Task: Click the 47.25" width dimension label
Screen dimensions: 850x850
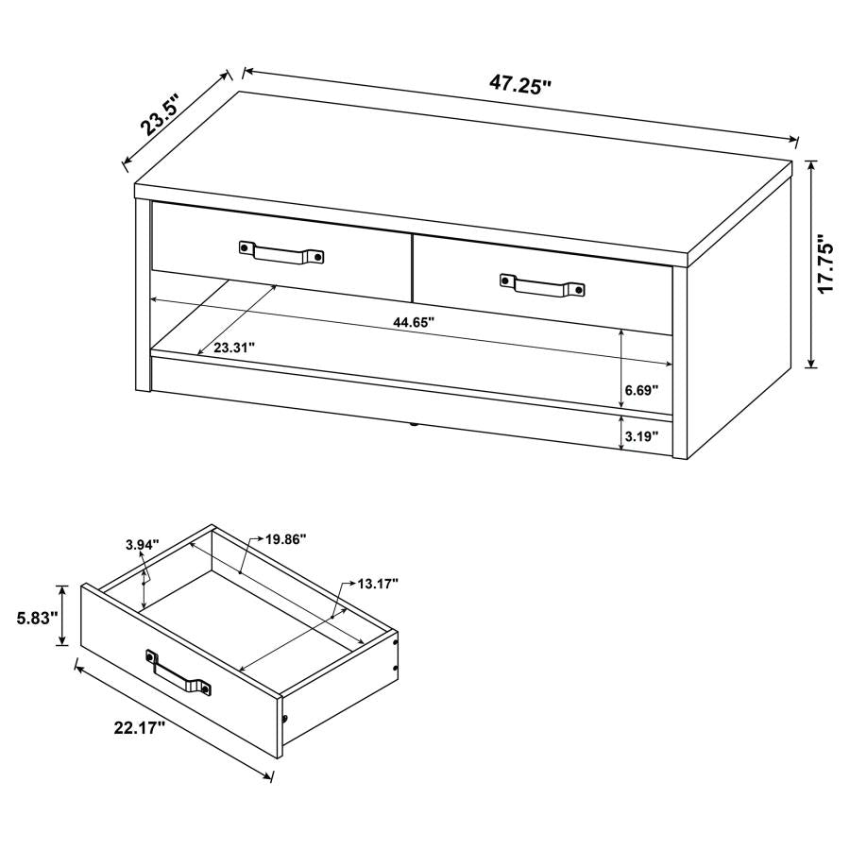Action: coord(519,83)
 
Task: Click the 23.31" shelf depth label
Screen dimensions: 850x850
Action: coord(234,348)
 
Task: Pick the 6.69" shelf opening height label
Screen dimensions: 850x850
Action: coord(641,389)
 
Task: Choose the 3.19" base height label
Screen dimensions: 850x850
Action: coord(641,436)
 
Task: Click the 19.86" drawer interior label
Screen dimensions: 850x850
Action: coord(285,539)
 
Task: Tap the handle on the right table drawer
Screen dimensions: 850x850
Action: coord(542,285)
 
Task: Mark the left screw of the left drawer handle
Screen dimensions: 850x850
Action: coord(246,246)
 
